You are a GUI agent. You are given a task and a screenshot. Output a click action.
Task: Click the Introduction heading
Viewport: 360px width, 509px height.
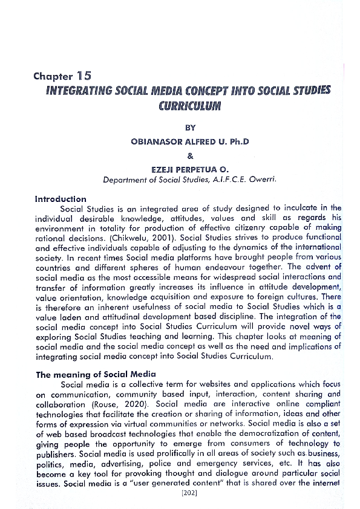(x=61, y=199)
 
